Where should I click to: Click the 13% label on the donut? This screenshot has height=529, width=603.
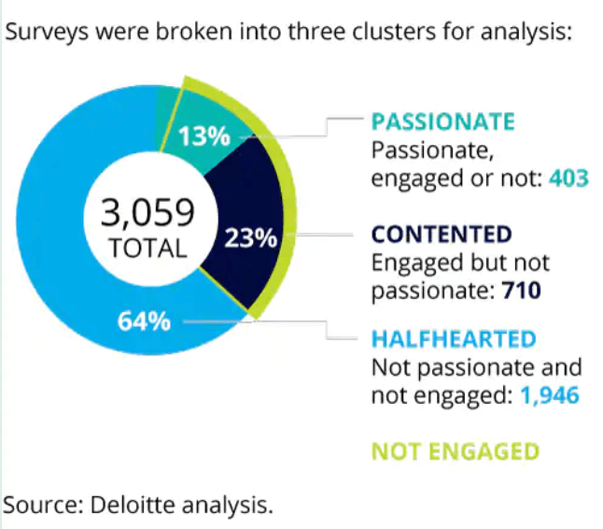point(204,136)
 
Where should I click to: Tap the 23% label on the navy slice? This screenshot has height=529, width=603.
point(251,238)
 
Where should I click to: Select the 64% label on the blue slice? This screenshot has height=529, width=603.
point(144,322)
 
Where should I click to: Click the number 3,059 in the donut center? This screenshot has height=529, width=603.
point(148,213)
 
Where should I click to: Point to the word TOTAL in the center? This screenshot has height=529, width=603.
point(148,250)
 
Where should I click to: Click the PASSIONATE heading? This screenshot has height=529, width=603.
point(442,122)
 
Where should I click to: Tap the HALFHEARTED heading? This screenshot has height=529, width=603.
point(454,338)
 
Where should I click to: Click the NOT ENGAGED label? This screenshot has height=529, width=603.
point(455,452)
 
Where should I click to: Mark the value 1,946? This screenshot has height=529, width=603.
point(551,395)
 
